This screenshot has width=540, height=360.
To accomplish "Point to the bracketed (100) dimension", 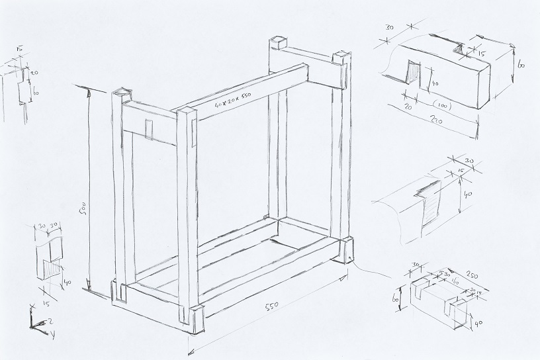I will coord(443,105).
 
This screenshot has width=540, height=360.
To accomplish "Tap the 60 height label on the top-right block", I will coord(521,65).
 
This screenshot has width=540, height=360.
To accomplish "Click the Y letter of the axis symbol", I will coord(52,334).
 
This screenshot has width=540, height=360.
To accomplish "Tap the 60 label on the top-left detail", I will coord(36,93).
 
